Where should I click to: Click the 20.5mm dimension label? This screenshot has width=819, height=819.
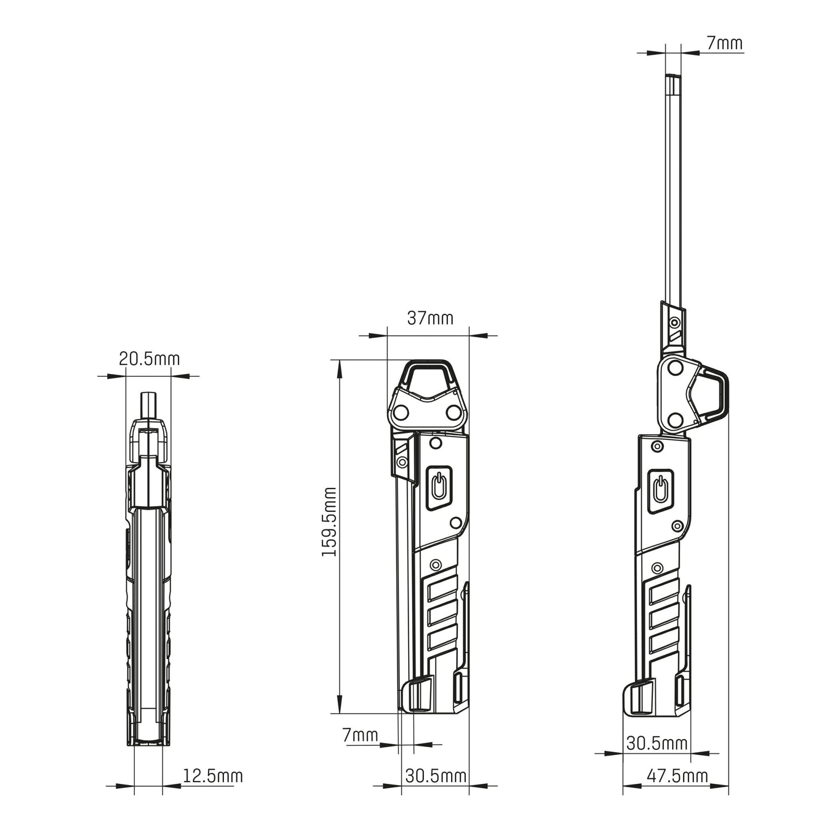point(149,359)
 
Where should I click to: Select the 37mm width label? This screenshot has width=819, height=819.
point(430,318)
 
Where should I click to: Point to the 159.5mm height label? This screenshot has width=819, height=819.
point(329,522)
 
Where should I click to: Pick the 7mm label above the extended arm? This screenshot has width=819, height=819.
point(725,43)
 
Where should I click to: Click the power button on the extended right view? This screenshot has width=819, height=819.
point(660,491)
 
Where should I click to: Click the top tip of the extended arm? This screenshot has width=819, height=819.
point(673,75)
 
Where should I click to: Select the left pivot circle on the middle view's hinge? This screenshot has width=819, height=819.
point(401,411)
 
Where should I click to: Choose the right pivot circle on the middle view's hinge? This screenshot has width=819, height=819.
point(454,411)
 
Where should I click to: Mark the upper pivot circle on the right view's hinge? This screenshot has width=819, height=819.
point(674,367)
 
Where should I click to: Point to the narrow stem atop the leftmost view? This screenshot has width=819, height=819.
point(148,406)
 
